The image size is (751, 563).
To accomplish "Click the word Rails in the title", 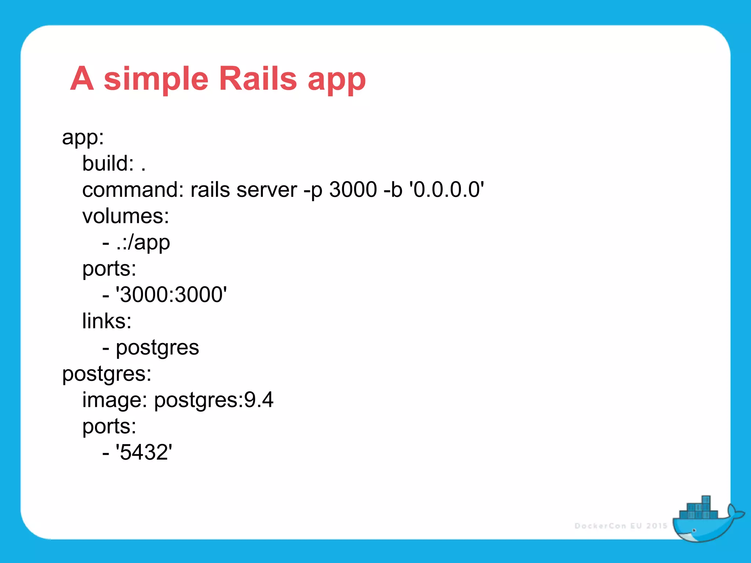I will pos(258,78).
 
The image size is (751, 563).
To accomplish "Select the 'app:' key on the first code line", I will pos(83,138).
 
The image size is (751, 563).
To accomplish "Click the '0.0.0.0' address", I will pos(446,190).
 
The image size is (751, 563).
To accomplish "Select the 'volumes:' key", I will pos(126,216).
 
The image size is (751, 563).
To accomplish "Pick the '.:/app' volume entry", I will pos(143,243).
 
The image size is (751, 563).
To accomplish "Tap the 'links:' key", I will pos(107,321).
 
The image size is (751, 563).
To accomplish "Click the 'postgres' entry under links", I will pos(157,348).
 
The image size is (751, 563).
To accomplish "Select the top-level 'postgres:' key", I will pos(107,374).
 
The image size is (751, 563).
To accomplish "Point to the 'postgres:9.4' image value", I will pos(213,400).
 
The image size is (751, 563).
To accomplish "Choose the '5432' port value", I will pos(144,452).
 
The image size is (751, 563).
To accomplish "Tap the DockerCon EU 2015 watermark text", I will pos(620,526).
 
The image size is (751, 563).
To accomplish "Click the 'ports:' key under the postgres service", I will pos(109,427).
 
